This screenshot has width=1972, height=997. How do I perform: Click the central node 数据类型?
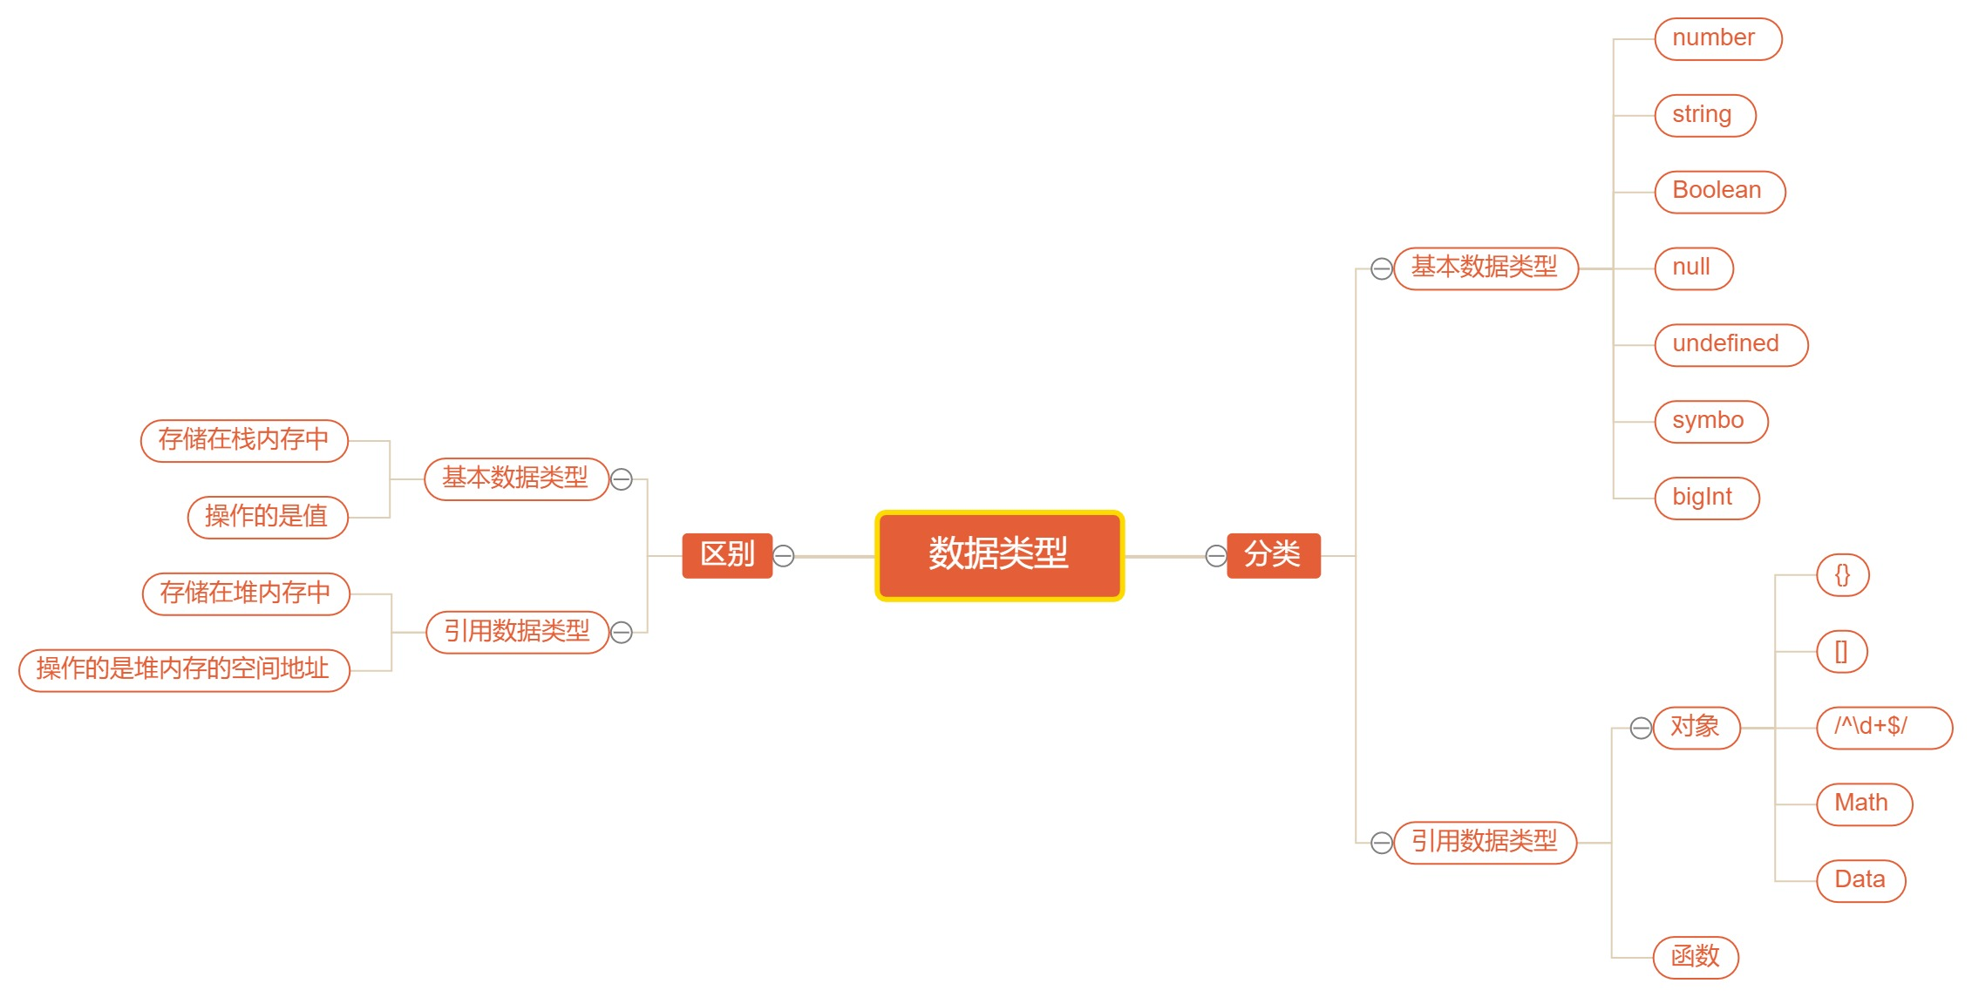coord(999,555)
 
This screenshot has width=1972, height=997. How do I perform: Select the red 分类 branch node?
coord(1273,555)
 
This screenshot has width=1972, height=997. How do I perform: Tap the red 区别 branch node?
coord(726,555)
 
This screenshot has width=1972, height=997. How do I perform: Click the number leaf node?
coord(1717,39)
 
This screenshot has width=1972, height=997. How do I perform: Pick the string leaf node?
coord(1704,116)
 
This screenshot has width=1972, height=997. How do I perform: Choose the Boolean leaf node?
coord(1719,192)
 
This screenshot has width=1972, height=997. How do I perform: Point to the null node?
coord(1693,268)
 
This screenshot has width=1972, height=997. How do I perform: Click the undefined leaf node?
coord(1731,345)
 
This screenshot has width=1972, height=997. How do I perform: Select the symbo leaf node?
coord(1710,422)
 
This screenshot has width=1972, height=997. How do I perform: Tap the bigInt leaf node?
coord(1706,498)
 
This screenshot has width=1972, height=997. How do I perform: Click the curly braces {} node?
coord(1842,575)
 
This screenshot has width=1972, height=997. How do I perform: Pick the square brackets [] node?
coord(1841,652)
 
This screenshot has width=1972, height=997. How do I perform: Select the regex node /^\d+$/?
coord(1883,728)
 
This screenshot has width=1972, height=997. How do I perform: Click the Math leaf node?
coord(1864,804)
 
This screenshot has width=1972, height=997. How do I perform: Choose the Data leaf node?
coord(1860,881)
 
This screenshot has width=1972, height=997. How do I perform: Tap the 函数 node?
coord(1696,958)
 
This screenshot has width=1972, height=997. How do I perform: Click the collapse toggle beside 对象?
coord(1641,728)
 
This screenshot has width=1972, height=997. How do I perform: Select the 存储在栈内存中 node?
coord(244,441)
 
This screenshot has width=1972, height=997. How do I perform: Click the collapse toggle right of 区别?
coord(784,556)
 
